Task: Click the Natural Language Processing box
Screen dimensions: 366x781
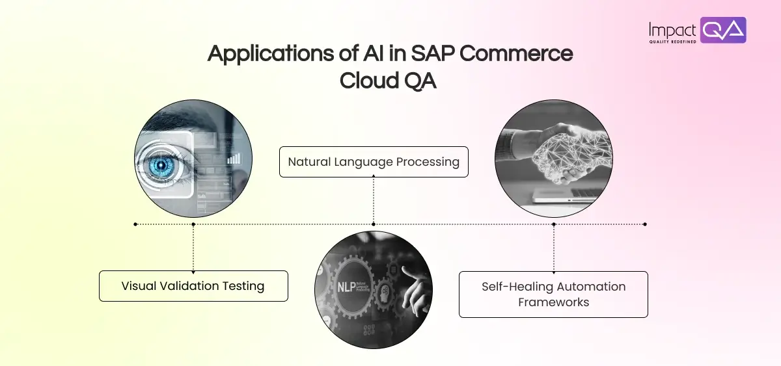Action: tap(374, 162)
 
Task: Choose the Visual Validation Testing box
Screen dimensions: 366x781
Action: tap(193, 286)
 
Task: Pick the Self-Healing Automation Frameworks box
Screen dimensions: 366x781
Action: tap(553, 294)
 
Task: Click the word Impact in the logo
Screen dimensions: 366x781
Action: tap(672, 29)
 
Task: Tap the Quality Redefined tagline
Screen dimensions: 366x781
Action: tap(673, 42)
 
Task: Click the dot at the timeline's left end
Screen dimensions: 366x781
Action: tap(135, 224)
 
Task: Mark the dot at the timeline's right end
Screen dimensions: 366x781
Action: tap(645, 224)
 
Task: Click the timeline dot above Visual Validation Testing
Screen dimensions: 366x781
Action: tap(193, 224)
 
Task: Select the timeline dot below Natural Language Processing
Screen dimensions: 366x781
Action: tap(374, 224)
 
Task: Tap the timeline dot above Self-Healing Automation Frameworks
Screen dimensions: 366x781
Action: tap(554, 224)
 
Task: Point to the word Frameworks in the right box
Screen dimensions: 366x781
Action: tap(553, 302)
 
